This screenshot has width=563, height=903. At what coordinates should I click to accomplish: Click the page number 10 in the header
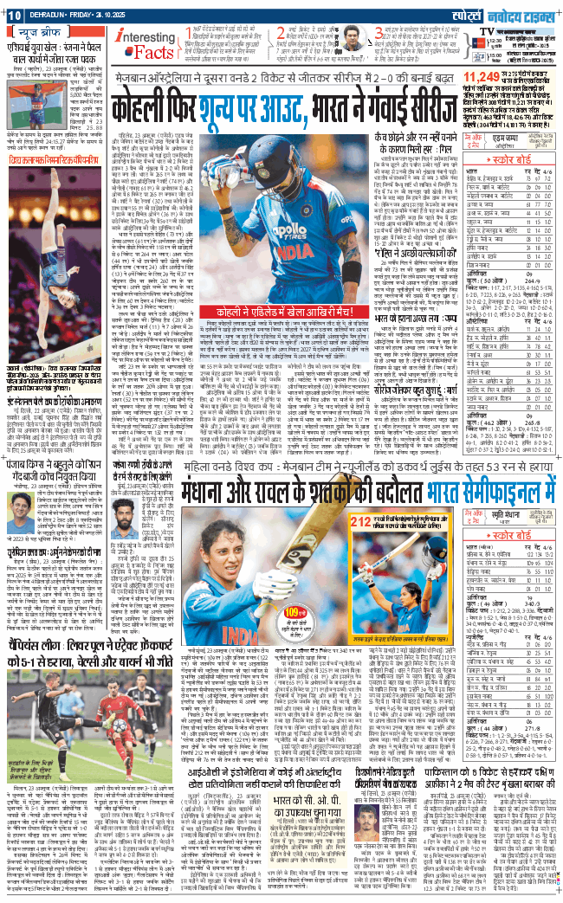point(16,11)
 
